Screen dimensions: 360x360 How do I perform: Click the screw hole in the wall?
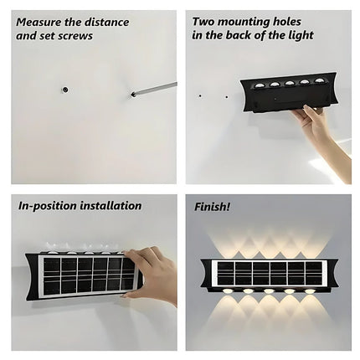click(64, 88)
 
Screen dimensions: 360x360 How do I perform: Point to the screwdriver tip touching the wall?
click(132, 95)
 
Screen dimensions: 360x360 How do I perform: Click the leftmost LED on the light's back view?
click(254, 85)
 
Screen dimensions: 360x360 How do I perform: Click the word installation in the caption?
click(113, 206)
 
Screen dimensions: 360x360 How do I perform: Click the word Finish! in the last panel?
click(213, 206)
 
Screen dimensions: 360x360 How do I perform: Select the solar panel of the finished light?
click(266, 273)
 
